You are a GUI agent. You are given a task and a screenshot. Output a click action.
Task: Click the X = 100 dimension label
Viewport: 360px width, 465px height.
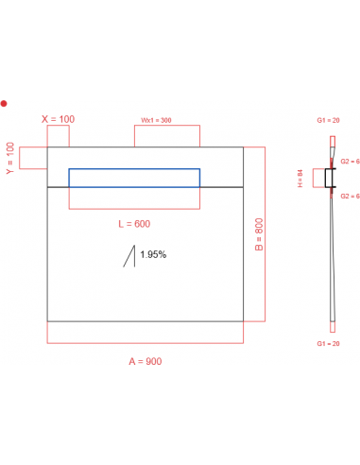coord(59,119)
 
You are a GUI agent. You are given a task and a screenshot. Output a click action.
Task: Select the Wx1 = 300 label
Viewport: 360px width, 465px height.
coord(157,120)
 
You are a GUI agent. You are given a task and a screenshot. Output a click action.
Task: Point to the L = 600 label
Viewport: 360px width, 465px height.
coord(133,224)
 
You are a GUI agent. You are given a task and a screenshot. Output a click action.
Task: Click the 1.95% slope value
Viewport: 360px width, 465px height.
coord(153,254)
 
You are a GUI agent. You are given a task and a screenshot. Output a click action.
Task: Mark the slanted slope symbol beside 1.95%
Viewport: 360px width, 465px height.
coord(129,256)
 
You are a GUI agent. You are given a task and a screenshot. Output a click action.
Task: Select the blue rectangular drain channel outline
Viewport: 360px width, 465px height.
coord(133,178)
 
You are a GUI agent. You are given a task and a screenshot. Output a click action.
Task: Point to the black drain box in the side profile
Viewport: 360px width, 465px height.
coord(330,178)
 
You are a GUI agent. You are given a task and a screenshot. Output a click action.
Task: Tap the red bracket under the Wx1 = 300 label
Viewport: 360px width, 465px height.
coord(167,136)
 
